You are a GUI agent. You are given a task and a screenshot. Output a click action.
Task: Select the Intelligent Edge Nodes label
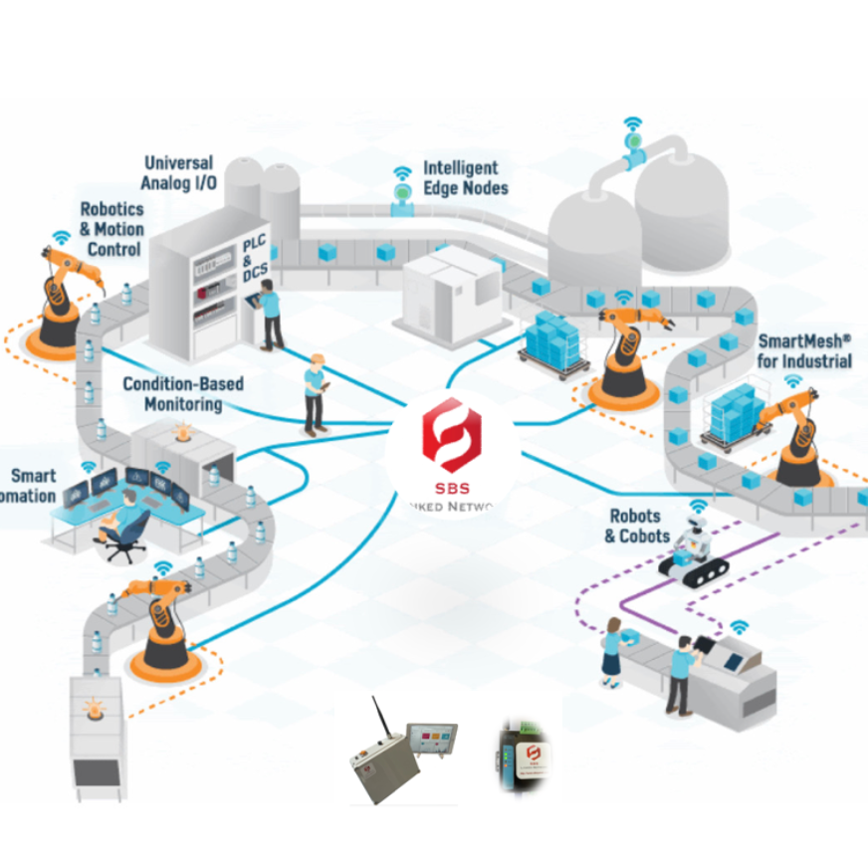[x=466, y=178]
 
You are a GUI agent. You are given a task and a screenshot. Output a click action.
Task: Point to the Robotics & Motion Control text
[x=111, y=229]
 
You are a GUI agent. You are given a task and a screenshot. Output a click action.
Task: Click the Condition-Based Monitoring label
[x=183, y=394]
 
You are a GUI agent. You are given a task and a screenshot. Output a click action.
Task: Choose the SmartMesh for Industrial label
[x=804, y=350]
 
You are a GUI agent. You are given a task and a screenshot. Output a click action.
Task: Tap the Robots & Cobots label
[x=633, y=527]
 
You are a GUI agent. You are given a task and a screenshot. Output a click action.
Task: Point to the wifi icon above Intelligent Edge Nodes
[x=402, y=176]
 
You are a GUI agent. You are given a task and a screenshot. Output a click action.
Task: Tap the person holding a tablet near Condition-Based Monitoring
[x=316, y=392]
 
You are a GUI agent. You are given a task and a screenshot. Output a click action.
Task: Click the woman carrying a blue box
[x=612, y=652]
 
